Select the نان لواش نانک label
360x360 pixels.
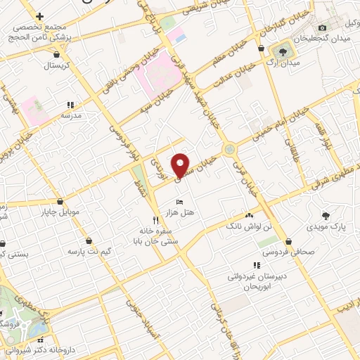pos(247,227)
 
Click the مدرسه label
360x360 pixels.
pos(72,115)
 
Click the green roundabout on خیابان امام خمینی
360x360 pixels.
pos(229,149)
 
